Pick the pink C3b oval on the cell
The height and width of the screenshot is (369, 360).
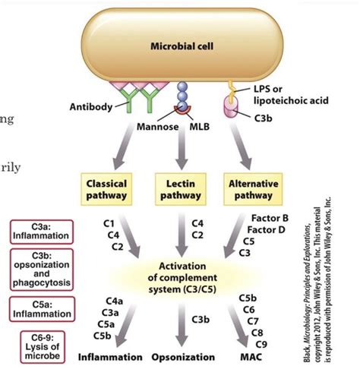226,108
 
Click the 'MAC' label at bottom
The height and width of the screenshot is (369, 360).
251,356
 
